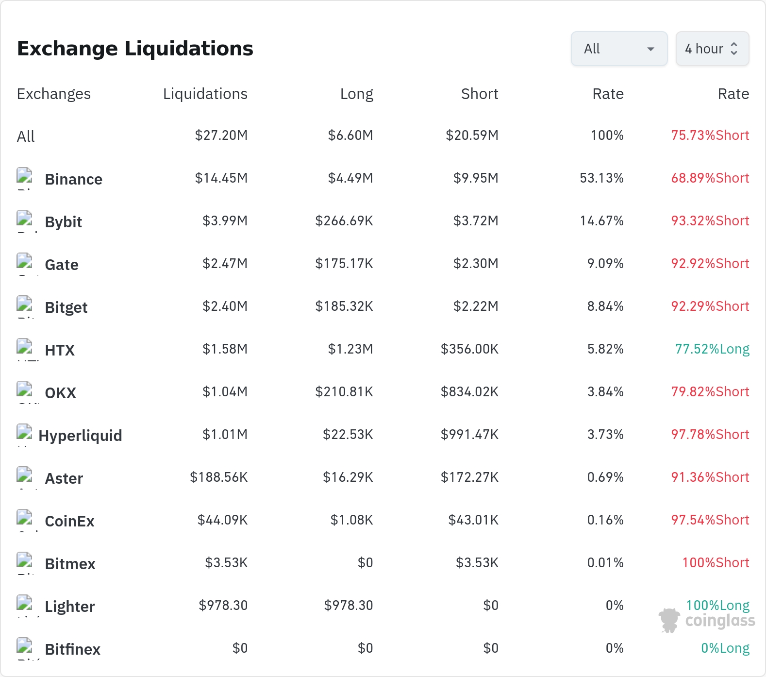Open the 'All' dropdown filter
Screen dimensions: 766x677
(619, 49)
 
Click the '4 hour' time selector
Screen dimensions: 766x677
(712, 49)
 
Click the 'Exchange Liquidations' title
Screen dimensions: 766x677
(135, 49)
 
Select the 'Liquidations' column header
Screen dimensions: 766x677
(205, 94)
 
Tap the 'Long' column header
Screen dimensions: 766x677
(357, 94)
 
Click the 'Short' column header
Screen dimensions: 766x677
(480, 94)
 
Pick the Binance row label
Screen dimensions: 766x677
(74, 179)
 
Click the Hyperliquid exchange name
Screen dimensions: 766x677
(80, 436)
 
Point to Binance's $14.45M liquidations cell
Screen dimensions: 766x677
(221, 178)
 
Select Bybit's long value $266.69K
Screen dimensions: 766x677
(344, 221)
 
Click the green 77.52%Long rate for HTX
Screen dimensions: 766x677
(712, 349)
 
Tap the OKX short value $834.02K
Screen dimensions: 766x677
(469, 392)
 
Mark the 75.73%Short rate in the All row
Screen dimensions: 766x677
(710, 135)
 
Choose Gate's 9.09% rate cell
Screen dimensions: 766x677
(605, 264)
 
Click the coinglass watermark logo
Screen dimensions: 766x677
(707, 620)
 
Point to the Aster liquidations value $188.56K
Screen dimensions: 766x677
(219, 477)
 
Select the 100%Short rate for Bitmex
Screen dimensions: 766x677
(716, 563)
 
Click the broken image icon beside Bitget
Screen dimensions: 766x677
(24, 304)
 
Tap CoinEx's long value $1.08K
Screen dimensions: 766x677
(352, 520)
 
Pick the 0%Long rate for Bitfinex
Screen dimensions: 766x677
(725, 648)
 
